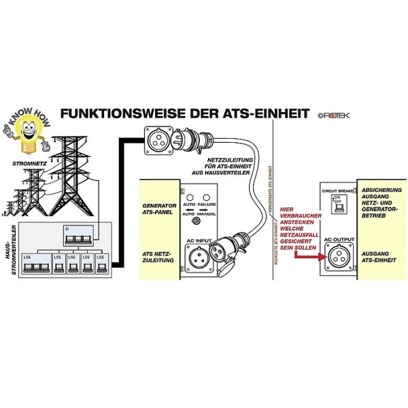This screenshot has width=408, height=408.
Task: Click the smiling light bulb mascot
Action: click(x=26, y=132)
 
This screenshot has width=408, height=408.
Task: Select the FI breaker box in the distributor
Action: click(x=77, y=235)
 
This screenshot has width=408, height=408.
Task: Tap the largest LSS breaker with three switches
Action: click(x=35, y=266)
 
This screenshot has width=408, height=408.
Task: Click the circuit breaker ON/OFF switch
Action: click(x=336, y=206)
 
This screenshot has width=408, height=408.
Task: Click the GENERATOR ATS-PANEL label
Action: click(x=159, y=209)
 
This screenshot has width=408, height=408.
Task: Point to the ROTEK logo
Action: click(x=333, y=115)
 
